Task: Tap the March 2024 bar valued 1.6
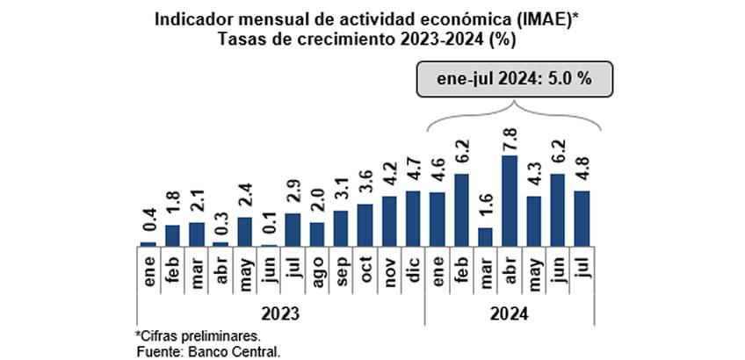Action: coord(485,236)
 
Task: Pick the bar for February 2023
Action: coord(172,234)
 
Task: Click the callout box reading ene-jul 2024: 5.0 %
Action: coord(514,77)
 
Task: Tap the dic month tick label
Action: coord(413,269)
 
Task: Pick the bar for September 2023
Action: coord(341,228)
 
